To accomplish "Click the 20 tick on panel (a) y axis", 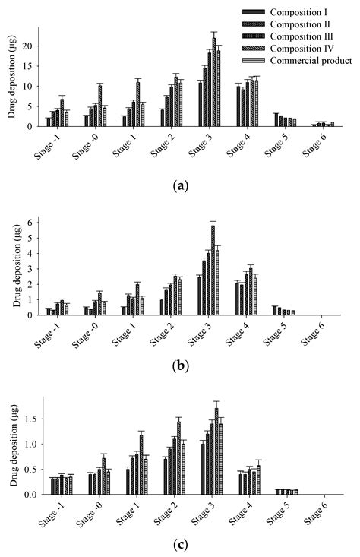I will click(29, 46).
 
